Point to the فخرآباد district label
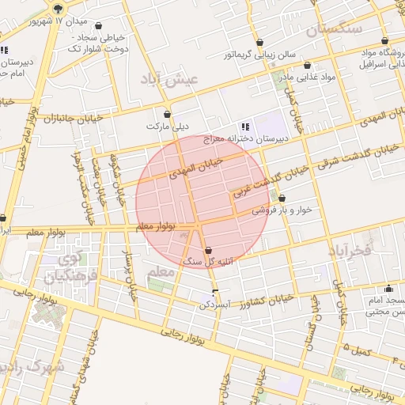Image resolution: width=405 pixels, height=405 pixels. (349, 251)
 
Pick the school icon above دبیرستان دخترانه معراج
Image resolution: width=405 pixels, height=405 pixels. (245, 126)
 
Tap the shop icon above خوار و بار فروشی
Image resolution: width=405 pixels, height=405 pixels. (282, 199)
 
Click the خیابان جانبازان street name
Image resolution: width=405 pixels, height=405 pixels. (51, 119)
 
